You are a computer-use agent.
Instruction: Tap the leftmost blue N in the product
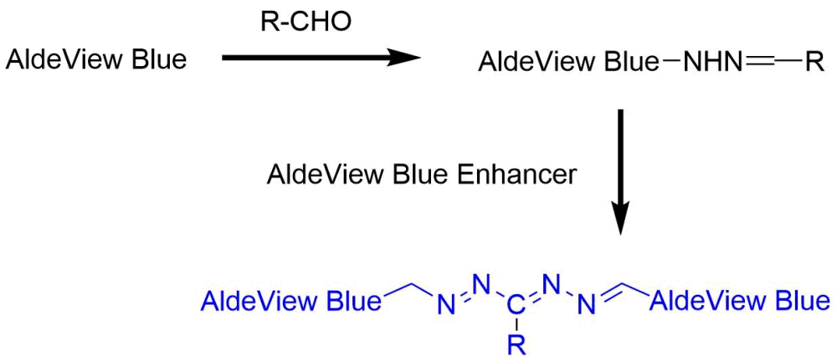pos(443,308)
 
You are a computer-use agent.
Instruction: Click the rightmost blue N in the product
pos(591,308)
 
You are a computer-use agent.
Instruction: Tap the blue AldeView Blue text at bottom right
pos(740,299)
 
